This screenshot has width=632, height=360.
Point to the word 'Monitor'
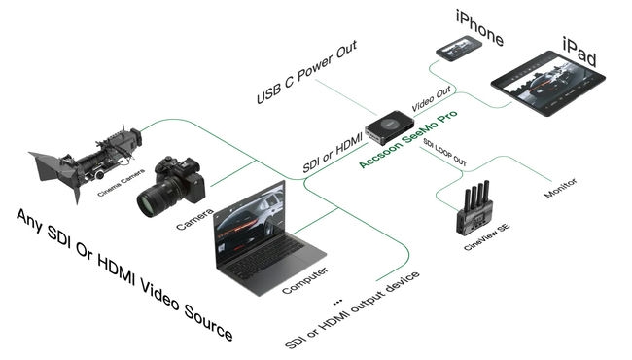coord(561,195)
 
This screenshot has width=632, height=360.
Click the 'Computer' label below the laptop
coord(303,281)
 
